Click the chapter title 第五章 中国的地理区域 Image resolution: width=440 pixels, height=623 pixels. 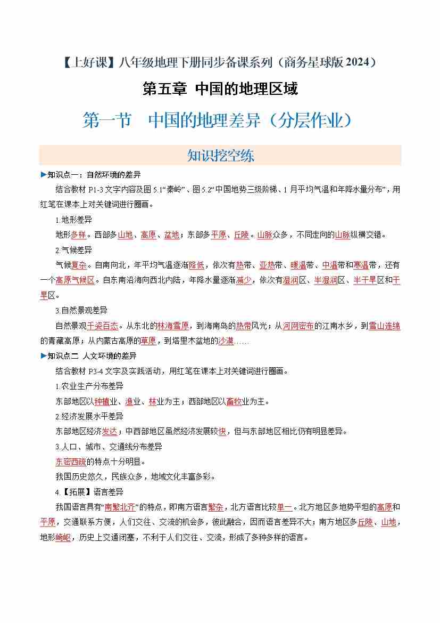click(220, 88)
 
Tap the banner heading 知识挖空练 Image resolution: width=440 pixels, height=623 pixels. click(220, 155)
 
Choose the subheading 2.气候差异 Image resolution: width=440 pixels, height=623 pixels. click(73, 250)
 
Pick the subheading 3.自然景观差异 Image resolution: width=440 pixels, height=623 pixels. click(81, 310)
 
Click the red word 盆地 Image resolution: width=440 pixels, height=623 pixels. click(171, 234)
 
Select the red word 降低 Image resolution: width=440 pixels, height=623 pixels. click(196, 265)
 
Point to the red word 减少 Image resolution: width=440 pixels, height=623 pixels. click(244, 280)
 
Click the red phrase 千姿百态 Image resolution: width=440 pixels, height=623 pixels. click(103, 326)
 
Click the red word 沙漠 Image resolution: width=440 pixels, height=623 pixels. click(226, 341)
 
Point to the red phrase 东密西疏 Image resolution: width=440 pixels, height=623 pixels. click(71, 462)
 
